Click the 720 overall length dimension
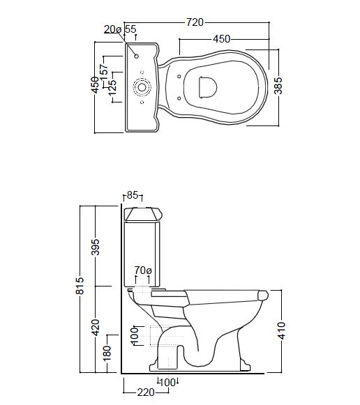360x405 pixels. tap(195, 22)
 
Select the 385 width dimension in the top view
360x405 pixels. tap(278, 86)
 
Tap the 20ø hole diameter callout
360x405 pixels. tap(113, 29)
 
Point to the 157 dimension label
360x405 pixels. tap(104, 70)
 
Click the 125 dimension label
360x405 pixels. tap(112, 88)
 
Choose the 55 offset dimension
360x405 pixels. tap(130, 29)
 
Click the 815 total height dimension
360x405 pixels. tap(80, 286)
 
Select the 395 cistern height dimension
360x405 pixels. tap(96, 247)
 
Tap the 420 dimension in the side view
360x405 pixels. tap(96, 328)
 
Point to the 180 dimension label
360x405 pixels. tap(107, 353)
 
